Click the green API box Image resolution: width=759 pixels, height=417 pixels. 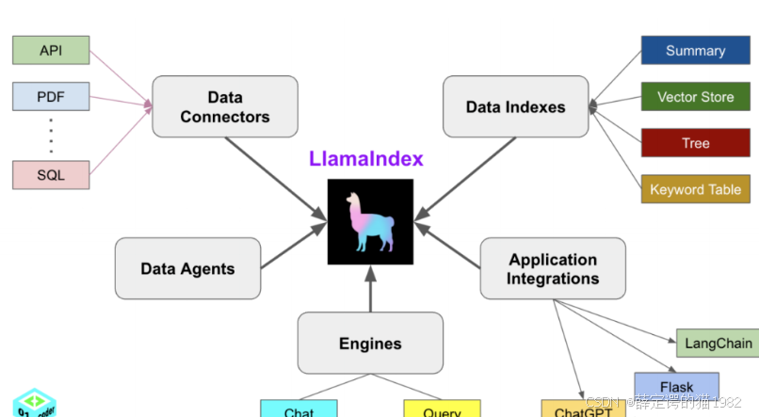51,51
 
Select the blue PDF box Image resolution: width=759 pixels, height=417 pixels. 51,96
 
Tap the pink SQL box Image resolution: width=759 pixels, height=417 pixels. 51,174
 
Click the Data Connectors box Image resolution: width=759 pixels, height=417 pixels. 225,106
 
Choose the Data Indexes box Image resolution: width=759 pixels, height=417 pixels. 515,106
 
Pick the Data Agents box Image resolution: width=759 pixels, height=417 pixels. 187,268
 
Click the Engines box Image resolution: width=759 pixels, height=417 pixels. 370,344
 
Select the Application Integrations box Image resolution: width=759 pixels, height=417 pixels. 553,268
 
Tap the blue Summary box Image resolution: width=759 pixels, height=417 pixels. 695,51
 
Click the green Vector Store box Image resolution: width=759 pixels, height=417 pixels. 695,97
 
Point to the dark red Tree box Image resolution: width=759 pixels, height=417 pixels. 695,143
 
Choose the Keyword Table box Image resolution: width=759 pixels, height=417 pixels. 695,189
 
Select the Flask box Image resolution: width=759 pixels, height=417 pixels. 676,386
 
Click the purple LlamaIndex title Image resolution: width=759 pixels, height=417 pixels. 366,159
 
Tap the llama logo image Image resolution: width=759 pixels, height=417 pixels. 370,222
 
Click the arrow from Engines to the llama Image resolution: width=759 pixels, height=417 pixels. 370,290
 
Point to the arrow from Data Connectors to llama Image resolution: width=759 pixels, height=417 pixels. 273,179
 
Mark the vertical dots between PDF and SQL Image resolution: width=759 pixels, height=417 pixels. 51,136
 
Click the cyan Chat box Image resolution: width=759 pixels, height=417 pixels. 299,410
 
